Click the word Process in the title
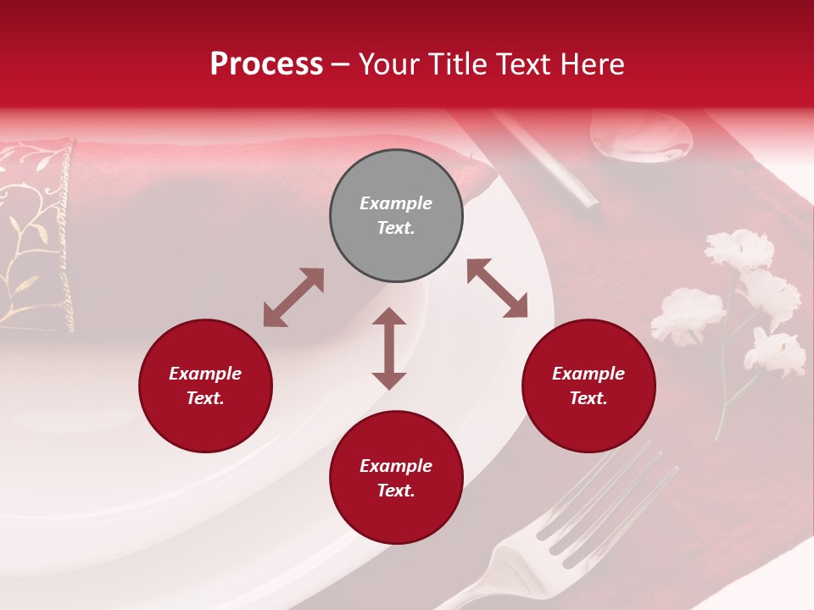[x=266, y=64]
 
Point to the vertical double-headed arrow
[x=389, y=348]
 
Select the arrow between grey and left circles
[x=293, y=297]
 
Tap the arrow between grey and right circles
[x=497, y=288]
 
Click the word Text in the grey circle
[x=395, y=228]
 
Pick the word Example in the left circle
[x=205, y=374]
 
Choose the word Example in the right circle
[x=588, y=374]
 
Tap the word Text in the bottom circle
[x=395, y=491]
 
